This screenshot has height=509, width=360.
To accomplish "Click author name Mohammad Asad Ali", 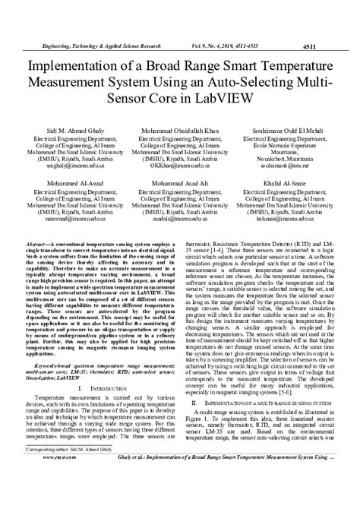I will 180,183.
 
